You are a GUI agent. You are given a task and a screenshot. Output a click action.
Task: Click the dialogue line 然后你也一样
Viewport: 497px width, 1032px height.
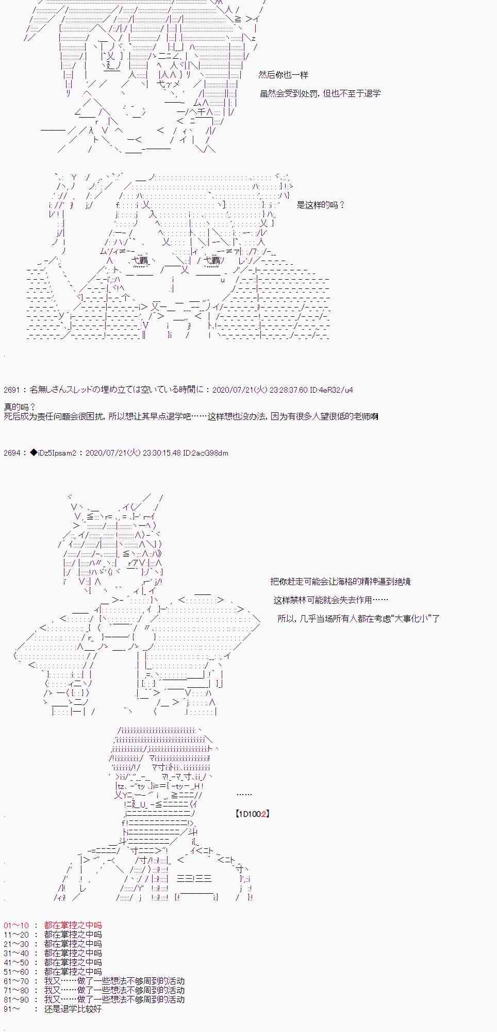(283, 75)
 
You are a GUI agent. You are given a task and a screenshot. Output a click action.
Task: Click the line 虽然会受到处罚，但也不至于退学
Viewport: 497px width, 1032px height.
(320, 94)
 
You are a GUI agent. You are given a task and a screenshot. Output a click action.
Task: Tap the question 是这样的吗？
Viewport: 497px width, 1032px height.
(320, 205)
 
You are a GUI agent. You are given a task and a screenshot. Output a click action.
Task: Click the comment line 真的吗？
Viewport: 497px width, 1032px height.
(20, 407)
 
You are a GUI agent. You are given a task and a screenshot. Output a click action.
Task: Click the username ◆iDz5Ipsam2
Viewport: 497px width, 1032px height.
(53, 453)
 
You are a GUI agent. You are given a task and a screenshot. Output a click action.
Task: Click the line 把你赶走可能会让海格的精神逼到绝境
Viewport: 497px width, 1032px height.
(340, 582)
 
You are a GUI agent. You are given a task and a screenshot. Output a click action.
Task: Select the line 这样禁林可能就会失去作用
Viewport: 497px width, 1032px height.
(330, 600)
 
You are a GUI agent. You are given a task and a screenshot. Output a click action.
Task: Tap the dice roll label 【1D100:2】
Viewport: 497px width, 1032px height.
(252, 814)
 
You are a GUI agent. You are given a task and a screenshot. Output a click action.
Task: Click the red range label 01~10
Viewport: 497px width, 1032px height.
(16, 925)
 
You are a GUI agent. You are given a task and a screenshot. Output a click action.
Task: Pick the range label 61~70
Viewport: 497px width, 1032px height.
(16, 981)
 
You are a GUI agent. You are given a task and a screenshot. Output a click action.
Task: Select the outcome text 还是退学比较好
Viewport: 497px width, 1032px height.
(73, 1009)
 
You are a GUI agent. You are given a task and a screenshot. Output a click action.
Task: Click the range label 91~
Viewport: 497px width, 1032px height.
(12, 1009)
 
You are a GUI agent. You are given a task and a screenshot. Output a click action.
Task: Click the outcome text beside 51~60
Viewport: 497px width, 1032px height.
(73, 972)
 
